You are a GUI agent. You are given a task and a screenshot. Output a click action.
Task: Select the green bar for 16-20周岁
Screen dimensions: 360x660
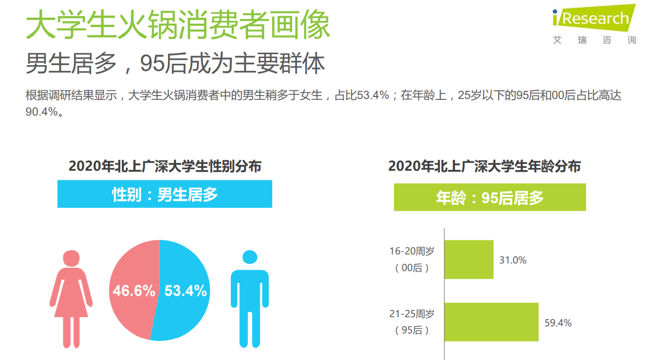point(469,260)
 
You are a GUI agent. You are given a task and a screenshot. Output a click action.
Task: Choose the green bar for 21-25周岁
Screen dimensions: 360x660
point(491,322)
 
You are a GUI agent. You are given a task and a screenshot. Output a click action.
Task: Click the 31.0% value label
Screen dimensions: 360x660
point(512,260)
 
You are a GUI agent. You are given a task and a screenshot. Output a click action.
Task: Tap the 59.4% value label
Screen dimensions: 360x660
point(558,323)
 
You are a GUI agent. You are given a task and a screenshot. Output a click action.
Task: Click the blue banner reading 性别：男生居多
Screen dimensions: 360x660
point(165,194)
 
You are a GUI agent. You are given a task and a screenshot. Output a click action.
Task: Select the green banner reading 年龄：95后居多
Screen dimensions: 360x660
point(490,197)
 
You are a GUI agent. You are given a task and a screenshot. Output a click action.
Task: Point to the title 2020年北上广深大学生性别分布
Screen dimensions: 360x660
point(165,166)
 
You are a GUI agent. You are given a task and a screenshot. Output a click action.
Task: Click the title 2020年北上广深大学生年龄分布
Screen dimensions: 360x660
point(484,166)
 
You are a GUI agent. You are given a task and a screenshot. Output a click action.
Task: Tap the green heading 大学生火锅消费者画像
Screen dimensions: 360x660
point(177,25)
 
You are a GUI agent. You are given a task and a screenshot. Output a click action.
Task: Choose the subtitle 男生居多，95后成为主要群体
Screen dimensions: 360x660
point(175,64)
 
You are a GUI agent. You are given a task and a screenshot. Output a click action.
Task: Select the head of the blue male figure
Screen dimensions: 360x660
point(250,257)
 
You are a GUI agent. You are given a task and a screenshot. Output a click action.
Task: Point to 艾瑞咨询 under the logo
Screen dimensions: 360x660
point(594,40)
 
